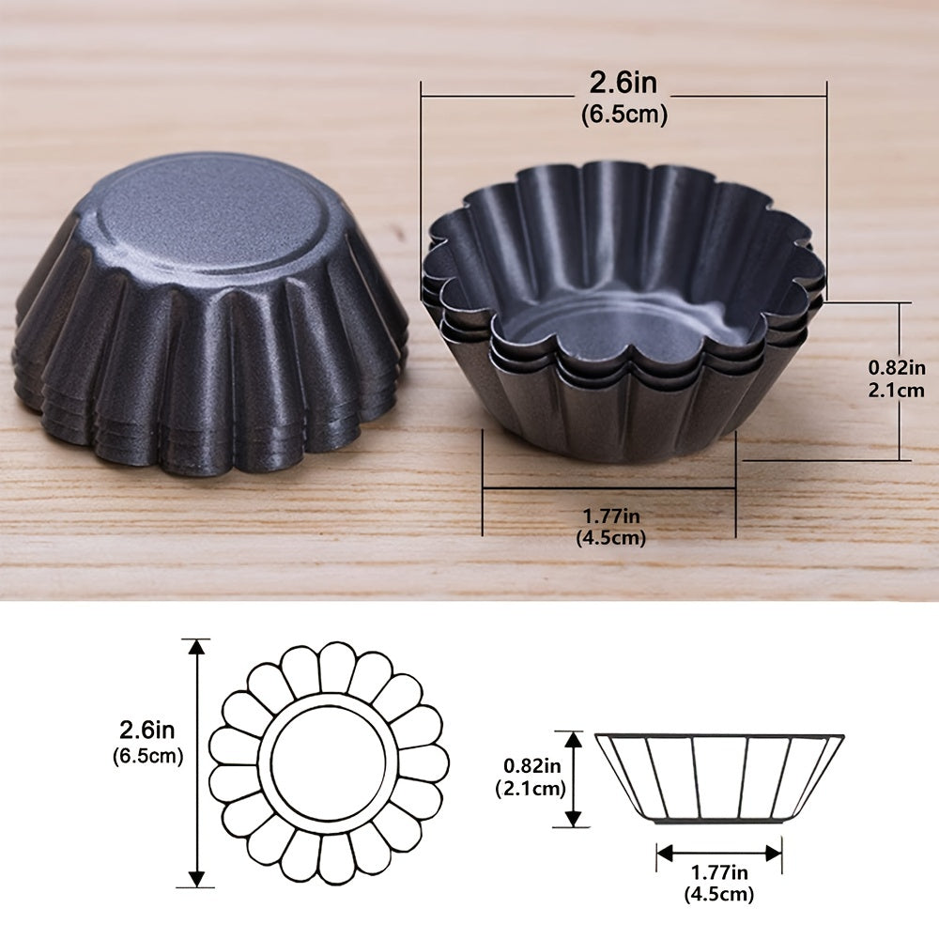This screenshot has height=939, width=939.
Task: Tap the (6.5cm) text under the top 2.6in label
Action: [624, 115]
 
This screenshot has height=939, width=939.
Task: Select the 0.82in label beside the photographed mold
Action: [897, 367]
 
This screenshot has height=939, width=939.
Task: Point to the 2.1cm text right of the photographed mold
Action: [897, 391]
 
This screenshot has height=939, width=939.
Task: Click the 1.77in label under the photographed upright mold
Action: [611, 516]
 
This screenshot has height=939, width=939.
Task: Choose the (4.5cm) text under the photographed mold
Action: [611, 537]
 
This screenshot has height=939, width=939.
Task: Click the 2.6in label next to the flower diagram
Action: [146, 730]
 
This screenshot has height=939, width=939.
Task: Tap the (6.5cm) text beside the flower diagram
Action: [147, 756]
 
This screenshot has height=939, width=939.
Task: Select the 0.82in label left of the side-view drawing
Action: [531, 765]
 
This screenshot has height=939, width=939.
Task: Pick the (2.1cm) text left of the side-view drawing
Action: [531, 788]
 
